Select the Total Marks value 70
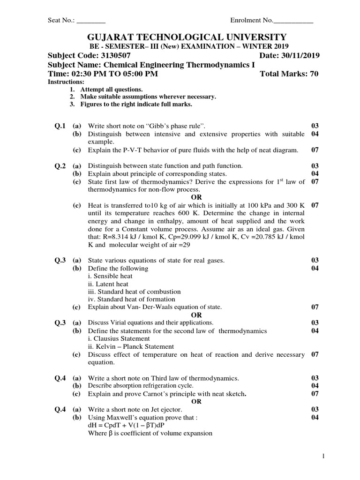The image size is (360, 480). [x=314, y=74]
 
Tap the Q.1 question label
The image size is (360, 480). [x=61, y=127]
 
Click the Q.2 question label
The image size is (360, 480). [x=61, y=165]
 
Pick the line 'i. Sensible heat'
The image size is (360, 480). [x=108, y=276]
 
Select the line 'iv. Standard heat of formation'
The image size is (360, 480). [x=132, y=299]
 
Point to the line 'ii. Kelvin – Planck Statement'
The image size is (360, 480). [x=131, y=346]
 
